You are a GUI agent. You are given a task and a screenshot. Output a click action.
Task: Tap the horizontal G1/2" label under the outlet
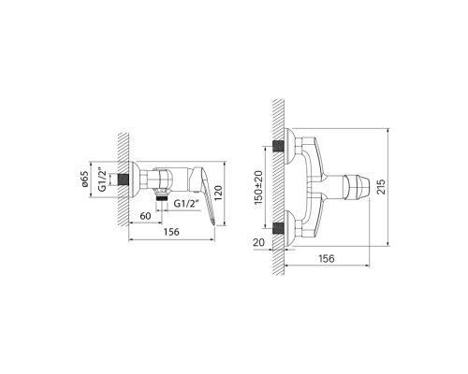(185, 201)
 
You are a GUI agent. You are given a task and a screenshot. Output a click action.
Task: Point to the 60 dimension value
(146, 217)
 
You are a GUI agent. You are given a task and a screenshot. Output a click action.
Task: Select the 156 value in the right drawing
(327, 259)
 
